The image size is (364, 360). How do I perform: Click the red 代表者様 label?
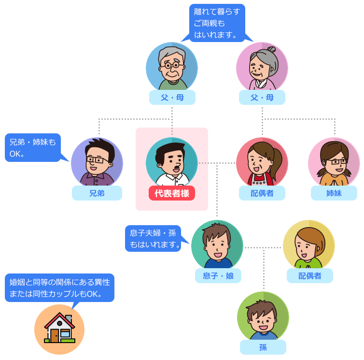pos(171,193)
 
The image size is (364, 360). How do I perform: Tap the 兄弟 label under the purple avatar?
pos(97,193)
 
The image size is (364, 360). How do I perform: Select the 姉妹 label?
pos(334,193)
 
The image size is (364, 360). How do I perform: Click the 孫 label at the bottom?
pos(263,347)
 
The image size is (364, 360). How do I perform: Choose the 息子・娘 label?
pos(217,275)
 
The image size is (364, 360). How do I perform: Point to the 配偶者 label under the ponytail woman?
pos(262,193)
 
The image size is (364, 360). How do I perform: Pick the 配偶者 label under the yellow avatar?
pos(309,275)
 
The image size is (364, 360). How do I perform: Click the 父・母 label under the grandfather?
pos(172,98)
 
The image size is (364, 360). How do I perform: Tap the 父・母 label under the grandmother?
pos(262,98)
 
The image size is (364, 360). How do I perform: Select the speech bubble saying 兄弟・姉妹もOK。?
pos(32,147)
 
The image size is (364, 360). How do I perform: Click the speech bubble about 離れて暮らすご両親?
pos(217,23)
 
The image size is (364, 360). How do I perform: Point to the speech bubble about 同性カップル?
pos(59,288)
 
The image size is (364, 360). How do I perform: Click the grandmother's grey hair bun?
pos(271,49)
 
